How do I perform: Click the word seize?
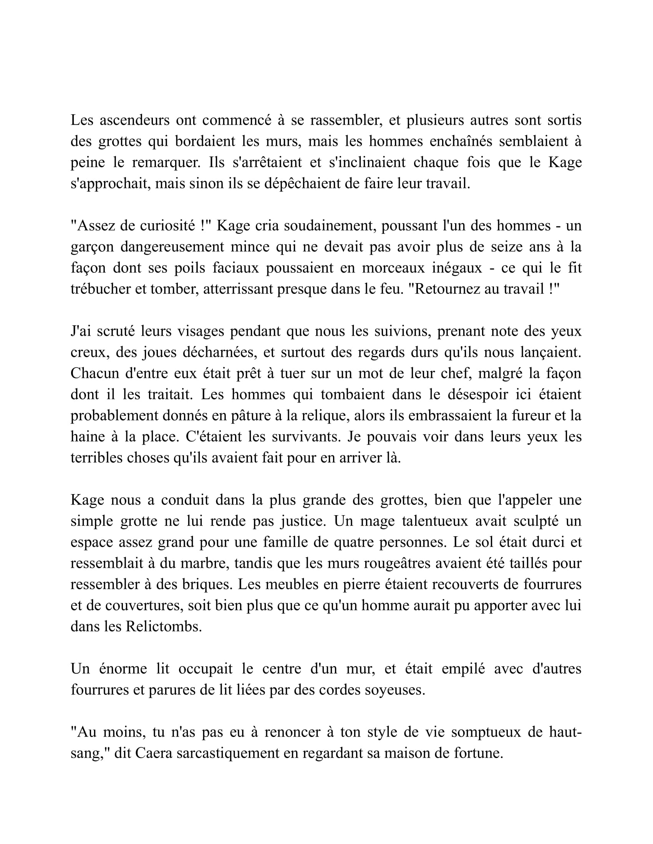click(x=507, y=247)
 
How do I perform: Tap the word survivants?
click(x=306, y=436)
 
